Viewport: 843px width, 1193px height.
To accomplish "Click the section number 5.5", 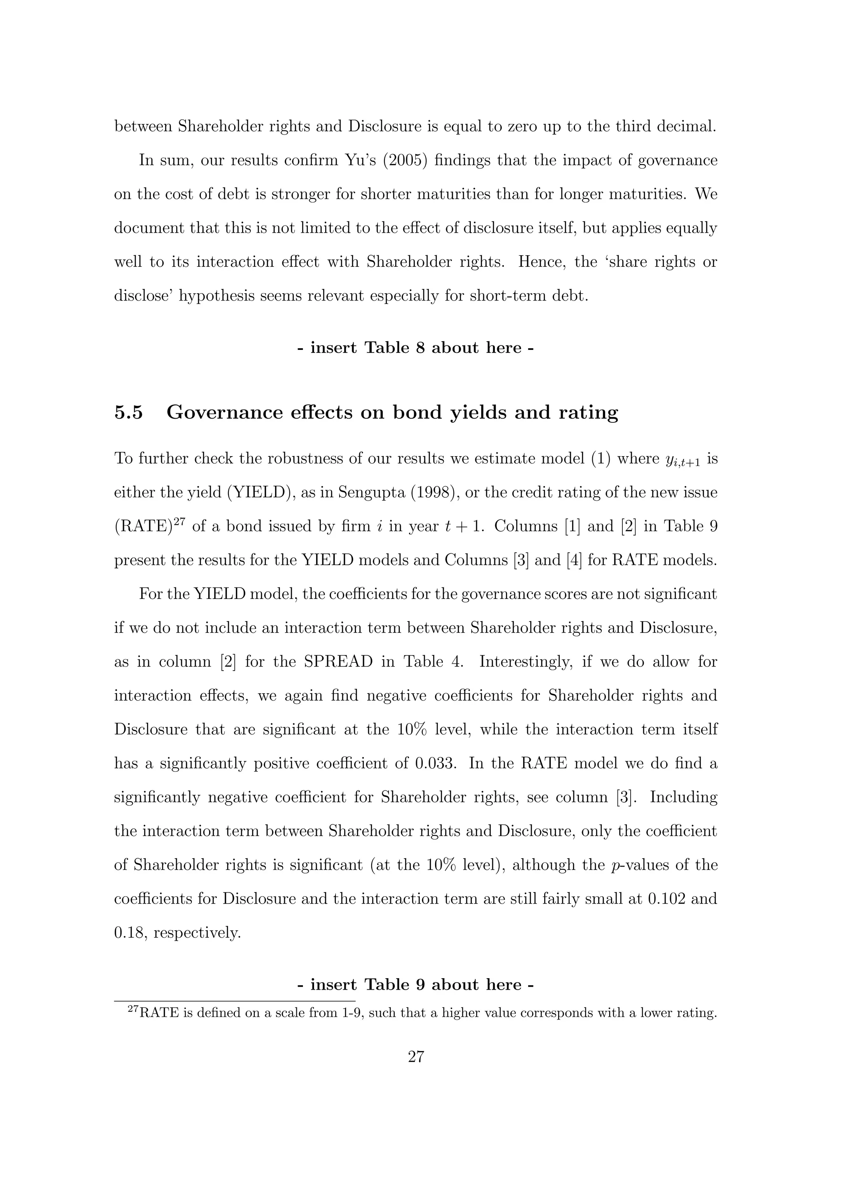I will point(128,412).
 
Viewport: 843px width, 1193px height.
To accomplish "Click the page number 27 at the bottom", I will point(416,1056).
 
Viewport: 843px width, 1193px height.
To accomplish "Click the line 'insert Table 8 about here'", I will point(415,347).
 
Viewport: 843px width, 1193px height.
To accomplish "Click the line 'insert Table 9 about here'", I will point(415,985).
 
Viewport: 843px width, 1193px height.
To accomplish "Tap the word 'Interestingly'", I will point(525,662).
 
